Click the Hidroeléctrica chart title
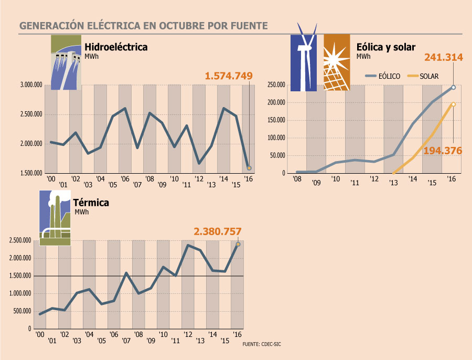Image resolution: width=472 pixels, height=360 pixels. pyautogui.click(x=116, y=47)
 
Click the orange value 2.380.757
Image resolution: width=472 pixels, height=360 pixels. pyautogui.click(x=218, y=231)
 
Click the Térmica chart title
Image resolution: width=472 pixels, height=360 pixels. pyautogui.click(x=92, y=203)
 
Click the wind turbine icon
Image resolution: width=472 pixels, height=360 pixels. pyautogui.click(x=304, y=62)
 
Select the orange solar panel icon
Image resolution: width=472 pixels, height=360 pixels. pyautogui.click(x=336, y=62)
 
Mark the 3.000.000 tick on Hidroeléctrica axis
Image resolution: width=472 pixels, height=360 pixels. pyautogui.click(x=31, y=85)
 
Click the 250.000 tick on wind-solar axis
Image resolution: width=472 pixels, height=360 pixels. pyautogui.click(x=276, y=85)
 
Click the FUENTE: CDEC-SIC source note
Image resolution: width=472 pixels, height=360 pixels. pyautogui.click(x=265, y=344)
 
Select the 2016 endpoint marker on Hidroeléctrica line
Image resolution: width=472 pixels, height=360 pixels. pyautogui.click(x=249, y=168)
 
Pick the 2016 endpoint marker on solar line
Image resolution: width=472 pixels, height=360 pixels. pyautogui.click(x=453, y=104)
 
